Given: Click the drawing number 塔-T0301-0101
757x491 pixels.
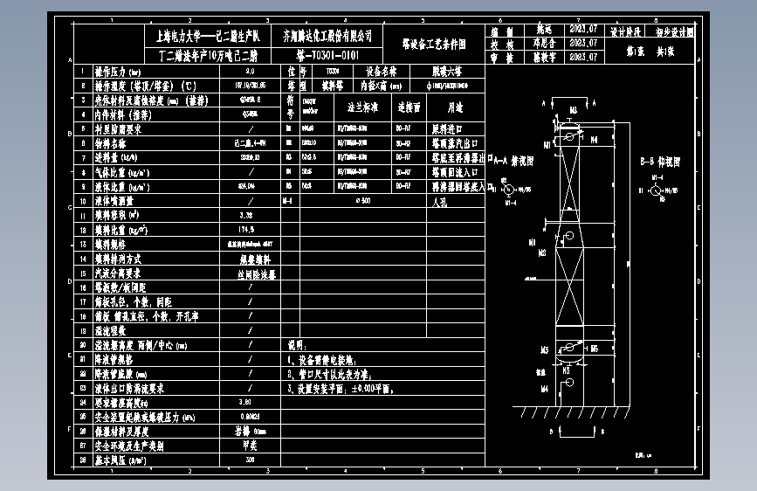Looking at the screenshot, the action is [x=327, y=54].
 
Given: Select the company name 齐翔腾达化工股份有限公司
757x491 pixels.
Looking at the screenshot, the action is [x=327, y=36].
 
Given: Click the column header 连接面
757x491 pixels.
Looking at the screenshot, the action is [x=409, y=107].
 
